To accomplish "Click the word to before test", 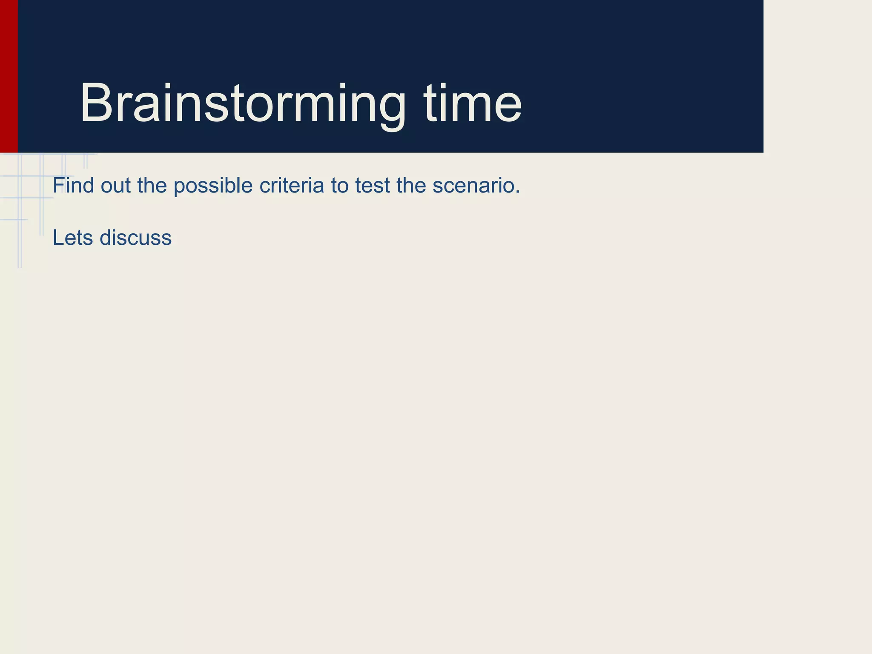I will tap(339, 186).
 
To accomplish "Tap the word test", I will tap(372, 186).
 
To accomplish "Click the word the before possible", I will tap(152, 186).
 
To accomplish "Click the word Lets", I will tap(72, 238).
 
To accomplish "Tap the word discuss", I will tap(135, 238).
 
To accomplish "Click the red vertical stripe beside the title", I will tap(9, 77).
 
